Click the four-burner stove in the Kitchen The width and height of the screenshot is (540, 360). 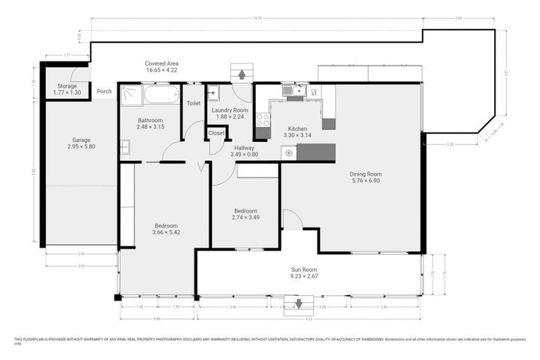pos(263,120)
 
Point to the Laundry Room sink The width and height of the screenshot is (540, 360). pos(213,91)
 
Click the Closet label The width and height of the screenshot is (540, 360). pos(217,133)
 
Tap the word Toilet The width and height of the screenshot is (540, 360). pos(193,103)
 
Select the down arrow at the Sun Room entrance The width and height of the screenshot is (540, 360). pos(294,303)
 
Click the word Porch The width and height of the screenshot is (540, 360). pos(104,92)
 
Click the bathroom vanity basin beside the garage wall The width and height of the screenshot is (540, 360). pos(125,146)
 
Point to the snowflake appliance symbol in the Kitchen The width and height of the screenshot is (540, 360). pos(289,153)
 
